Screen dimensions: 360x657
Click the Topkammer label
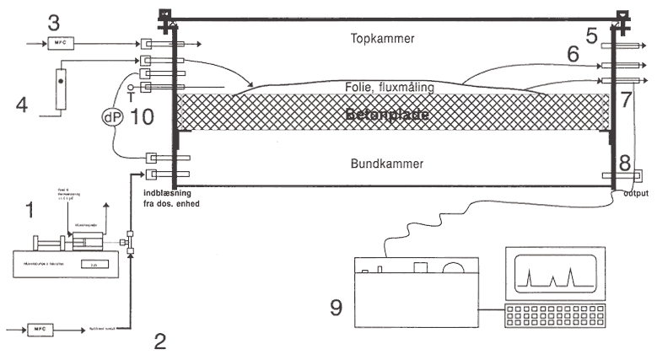[392, 39]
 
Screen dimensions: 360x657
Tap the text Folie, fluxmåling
[392, 86]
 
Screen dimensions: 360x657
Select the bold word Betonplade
[392, 112]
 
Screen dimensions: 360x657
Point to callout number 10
[147, 118]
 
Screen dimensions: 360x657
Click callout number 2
[160, 341]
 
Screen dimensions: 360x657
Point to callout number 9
[336, 307]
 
